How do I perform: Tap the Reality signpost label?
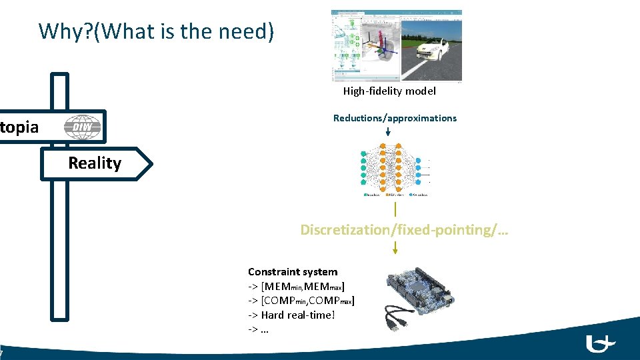click(x=95, y=163)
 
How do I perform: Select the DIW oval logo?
click(x=83, y=127)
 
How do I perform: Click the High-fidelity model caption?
click(x=389, y=91)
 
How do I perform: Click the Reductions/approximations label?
click(x=395, y=118)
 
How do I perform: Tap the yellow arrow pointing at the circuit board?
click(x=395, y=248)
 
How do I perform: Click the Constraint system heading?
click(x=293, y=272)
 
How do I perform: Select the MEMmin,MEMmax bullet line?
click(x=296, y=287)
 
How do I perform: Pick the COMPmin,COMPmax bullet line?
click(x=301, y=301)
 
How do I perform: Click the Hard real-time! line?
click(x=291, y=315)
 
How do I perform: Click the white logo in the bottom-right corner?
click(x=600, y=343)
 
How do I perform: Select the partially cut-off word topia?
click(x=19, y=127)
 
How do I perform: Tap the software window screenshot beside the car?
click(x=365, y=45)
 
